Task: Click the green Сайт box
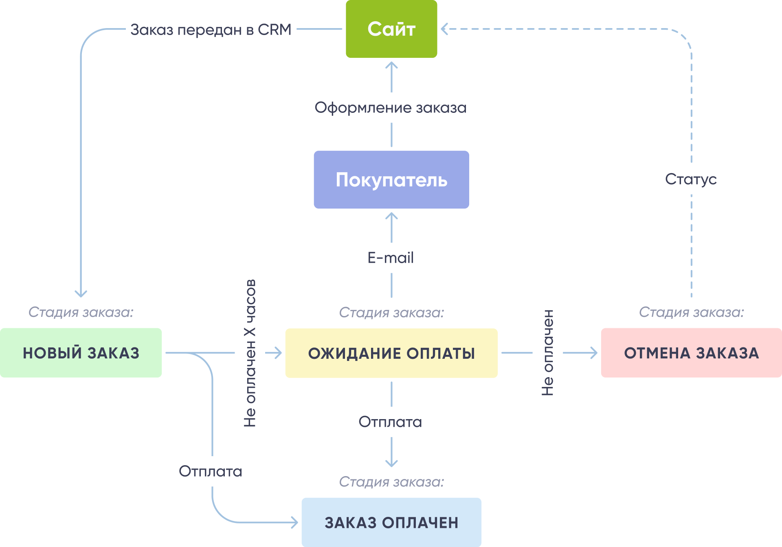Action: click(x=391, y=29)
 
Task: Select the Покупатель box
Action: click(x=391, y=180)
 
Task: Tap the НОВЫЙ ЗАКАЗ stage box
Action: click(x=81, y=353)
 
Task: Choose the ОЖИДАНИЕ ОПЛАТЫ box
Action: click(x=391, y=353)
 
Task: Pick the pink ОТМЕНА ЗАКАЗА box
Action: click(x=691, y=353)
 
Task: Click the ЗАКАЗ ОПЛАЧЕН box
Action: click(x=391, y=522)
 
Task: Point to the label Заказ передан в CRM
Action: click(x=211, y=30)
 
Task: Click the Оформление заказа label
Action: click(x=391, y=108)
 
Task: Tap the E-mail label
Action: click(x=391, y=258)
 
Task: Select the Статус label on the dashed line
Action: click(x=691, y=179)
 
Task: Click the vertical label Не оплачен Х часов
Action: click(x=250, y=353)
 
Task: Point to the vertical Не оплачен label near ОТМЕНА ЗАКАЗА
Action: click(x=548, y=353)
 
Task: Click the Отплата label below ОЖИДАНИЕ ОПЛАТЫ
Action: click(x=390, y=422)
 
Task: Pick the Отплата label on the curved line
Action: click(x=211, y=471)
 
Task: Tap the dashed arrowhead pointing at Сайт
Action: click(x=444, y=29)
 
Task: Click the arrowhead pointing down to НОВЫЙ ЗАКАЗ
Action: click(x=81, y=294)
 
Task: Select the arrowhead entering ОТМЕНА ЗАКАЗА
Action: click(x=594, y=353)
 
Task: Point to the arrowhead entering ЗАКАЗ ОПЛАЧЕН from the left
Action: click(x=295, y=522)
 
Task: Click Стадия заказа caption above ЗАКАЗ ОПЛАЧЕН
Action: click(x=391, y=482)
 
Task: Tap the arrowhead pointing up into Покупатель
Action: click(x=391, y=215)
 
